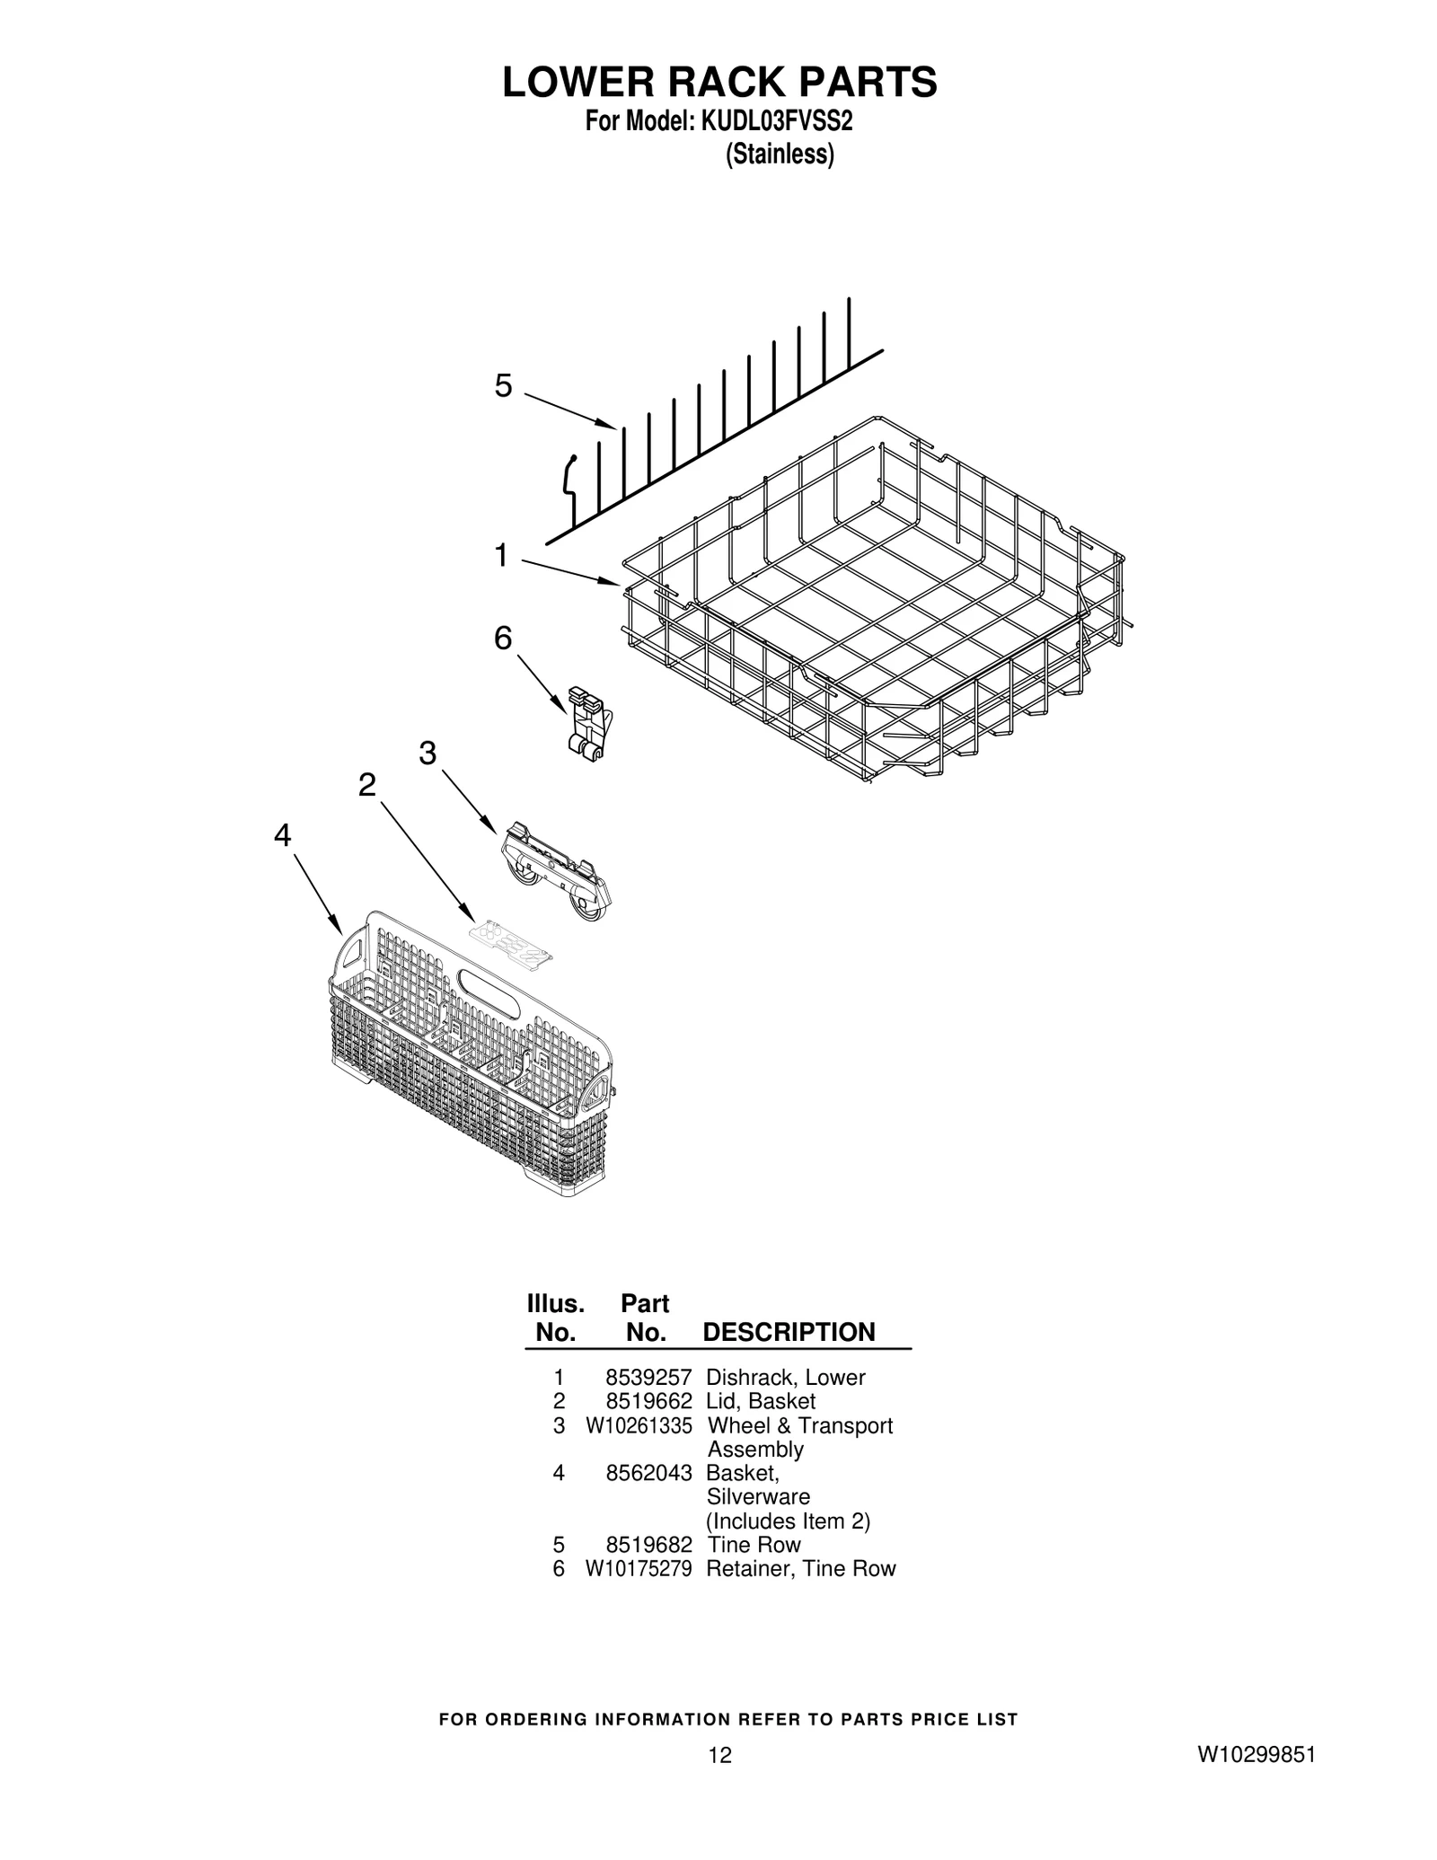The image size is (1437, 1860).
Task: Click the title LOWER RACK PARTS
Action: (718, 83)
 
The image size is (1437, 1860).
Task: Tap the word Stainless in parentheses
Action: (780, 154)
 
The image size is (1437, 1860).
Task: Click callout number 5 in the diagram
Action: (503, 386)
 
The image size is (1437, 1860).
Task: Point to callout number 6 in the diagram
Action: (503, 639)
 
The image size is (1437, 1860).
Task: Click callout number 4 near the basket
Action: (283, 836)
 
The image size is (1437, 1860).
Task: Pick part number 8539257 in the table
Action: (648, 1378)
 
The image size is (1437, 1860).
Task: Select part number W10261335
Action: (639, 1425)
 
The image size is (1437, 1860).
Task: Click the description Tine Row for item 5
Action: (754, 1545)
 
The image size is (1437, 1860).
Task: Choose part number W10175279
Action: (639, 1569)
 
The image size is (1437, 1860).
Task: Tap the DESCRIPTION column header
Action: (789, 1332)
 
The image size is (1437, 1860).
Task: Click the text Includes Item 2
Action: (788, 1521)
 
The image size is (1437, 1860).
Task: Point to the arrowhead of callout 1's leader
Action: (617, 584)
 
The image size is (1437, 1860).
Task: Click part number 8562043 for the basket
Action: (648, 1473)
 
